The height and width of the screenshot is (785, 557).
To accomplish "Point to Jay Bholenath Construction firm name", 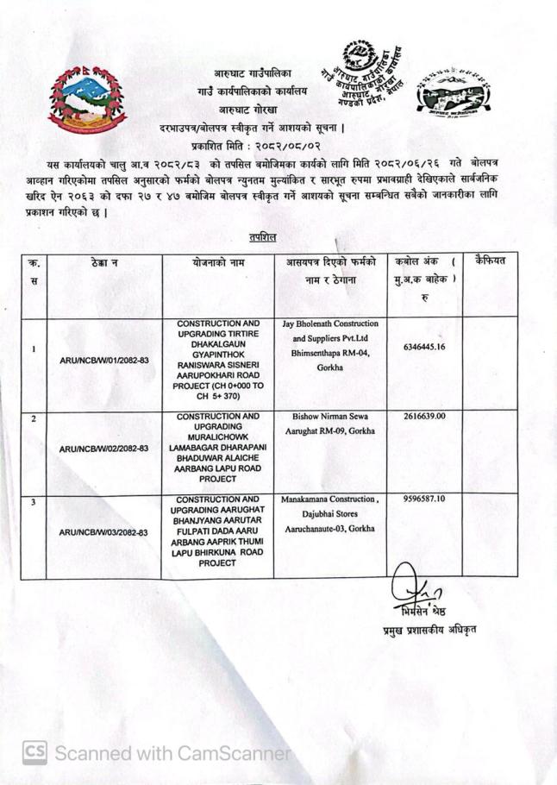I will (x=329, y=324).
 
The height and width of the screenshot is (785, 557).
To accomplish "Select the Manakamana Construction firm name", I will (x=329, y=499).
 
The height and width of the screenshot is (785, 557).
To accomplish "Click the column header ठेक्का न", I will (x=103, y=261).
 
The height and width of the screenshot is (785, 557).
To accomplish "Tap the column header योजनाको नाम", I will (x=219, y=261).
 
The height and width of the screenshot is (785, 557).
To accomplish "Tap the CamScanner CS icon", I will (x=34, y=752).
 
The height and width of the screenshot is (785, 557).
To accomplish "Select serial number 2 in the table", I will (x=33, y=418).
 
